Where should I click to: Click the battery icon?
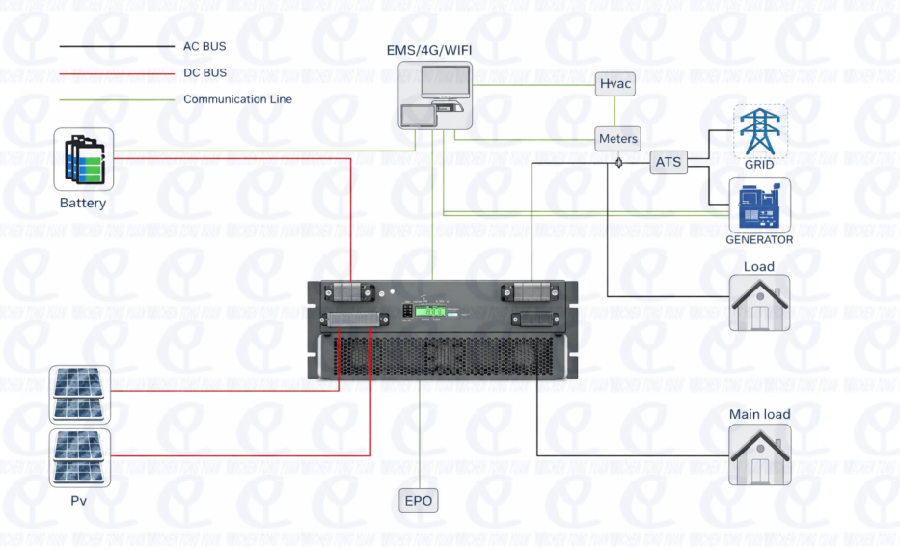pos(83,159)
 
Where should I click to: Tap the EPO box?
pos(419,501)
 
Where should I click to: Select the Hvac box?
pos(615,84)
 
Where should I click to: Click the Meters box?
pos(617,139)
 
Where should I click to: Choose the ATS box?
pos(668,162)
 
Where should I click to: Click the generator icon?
pos(760,204)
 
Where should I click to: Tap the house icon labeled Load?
pos(759,303)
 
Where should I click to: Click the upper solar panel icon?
pos(81,394)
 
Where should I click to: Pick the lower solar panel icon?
pos(81,457)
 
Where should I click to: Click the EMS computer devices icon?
pos(434,96)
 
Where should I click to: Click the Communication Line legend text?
pos(237,99)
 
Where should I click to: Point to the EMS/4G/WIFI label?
pos(434,49)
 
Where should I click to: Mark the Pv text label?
pos(81,501)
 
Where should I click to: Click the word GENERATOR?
pos(759,240)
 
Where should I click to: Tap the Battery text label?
pos(83,204)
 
